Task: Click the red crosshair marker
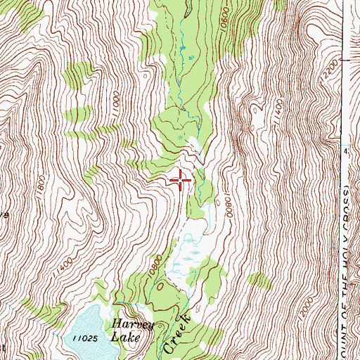pos(181,180)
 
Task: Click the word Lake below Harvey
pos(125,337)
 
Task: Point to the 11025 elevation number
pos(84,338)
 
